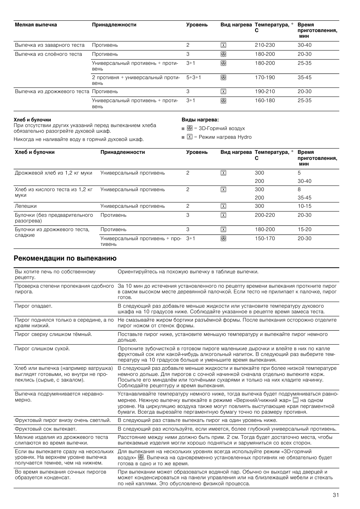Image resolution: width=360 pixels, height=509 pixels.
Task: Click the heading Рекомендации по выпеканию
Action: coord(65,258)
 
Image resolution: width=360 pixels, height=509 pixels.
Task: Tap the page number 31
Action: coord(335,495)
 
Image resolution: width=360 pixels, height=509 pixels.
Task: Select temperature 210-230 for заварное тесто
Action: coord(265,45)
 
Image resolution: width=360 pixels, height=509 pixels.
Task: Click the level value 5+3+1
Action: coord(194,77)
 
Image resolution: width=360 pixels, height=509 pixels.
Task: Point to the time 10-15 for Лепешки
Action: coord(305,206)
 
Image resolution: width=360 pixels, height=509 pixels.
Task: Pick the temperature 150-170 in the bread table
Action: coord(265,238)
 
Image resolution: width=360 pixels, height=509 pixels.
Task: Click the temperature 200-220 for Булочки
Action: coord(265,215)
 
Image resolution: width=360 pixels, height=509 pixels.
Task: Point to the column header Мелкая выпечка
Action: coord(36,25)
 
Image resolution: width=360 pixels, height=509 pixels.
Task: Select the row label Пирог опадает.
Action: coord(34,306)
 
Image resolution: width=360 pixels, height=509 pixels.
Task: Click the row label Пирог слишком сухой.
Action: coord(42,349)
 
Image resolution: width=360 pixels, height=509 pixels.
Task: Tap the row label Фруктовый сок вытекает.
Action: coord(46,429)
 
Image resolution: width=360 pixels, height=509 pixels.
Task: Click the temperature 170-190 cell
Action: coord(265,77)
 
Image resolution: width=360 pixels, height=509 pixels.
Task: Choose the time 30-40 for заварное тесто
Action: coord(305,45)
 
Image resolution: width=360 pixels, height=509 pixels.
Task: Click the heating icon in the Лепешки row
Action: coord(223,206)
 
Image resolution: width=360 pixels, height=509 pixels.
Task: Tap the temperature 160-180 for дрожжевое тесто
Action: coord(265,101)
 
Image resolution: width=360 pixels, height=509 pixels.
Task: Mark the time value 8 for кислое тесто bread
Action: coord(299,190)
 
